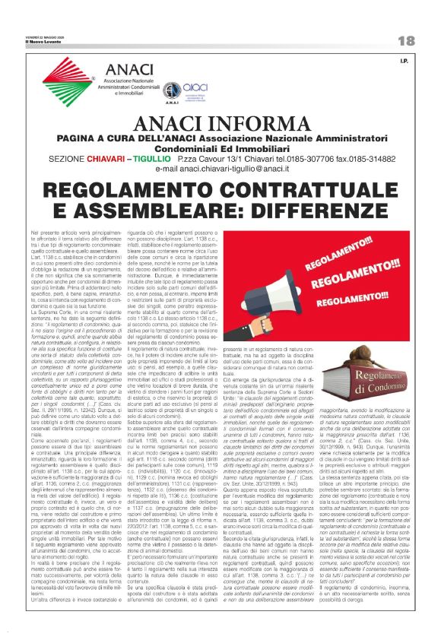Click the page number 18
click(x=406, y=40)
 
